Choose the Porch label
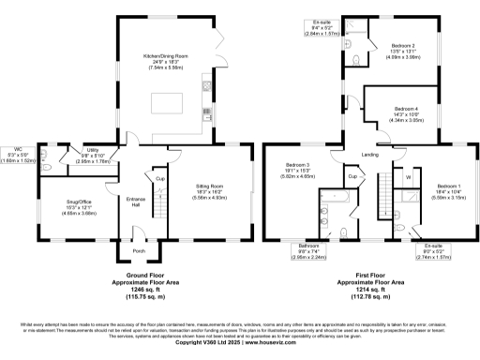139,251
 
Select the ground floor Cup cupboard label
160,178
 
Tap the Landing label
370,155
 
